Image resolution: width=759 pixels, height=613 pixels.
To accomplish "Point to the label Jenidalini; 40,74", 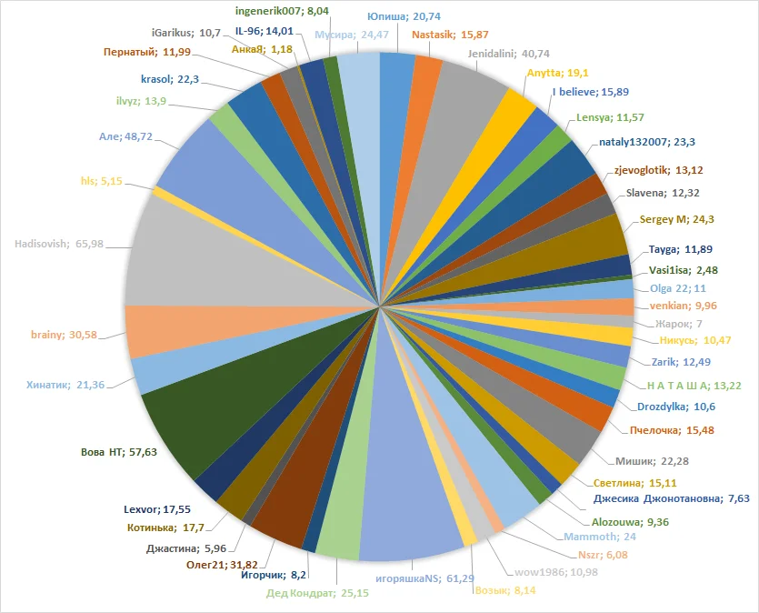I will click(511, 54).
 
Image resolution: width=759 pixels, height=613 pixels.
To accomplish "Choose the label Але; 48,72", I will click(125, 137).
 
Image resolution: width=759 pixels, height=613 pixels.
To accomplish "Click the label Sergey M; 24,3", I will click(677, 220).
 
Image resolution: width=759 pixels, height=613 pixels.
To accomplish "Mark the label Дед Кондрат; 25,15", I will click(306, 595).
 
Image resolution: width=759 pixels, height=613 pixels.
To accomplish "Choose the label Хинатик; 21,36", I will click(65, 385).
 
